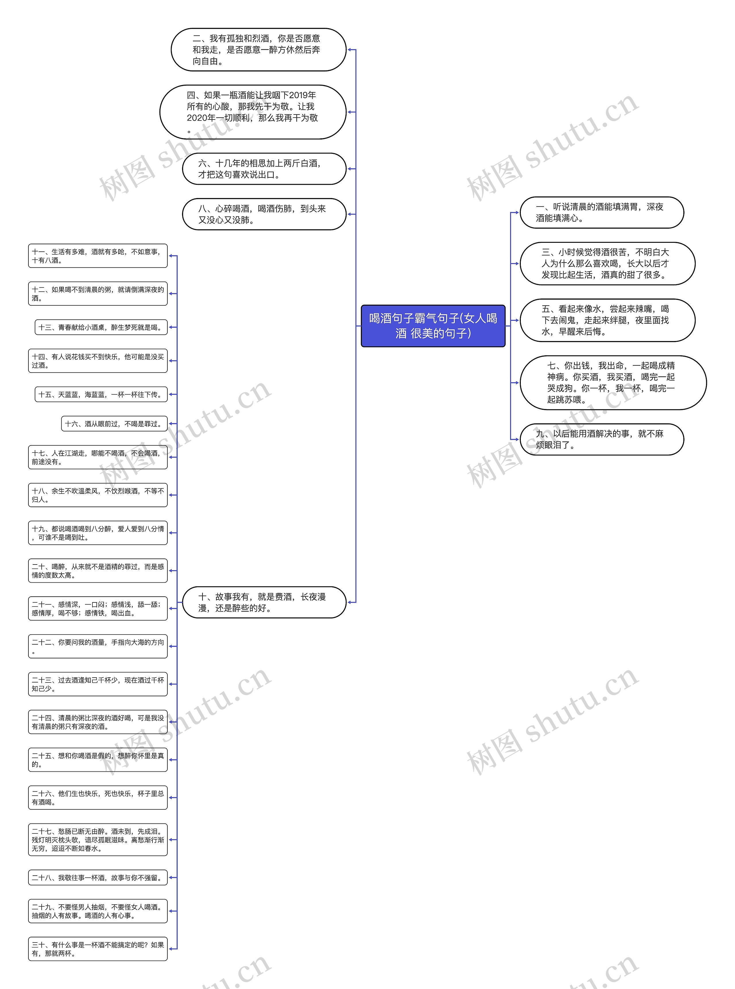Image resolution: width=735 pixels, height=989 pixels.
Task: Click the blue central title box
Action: pyautogui.click(x=433, y=325)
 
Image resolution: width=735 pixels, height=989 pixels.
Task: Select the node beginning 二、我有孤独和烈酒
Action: pyautogui.click(x=258, y=50)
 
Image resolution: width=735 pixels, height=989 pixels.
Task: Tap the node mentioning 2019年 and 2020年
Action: pyautogui.click(x=253, y=112)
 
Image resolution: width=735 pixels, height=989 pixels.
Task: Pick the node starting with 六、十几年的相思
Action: pyautogui.click(x=264, y=169)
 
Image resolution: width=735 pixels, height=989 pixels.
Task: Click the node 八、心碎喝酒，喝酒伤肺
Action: pyautogui.click(x=264, y=214)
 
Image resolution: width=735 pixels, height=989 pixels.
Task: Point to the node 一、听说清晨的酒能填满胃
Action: pyautogui.click(x=601, y=213)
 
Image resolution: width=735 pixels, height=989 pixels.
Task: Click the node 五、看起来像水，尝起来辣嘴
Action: pyautogui.click(x=607, y=320)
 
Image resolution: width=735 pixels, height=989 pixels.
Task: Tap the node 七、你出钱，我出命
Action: pyautogui.click(x=613, y=383)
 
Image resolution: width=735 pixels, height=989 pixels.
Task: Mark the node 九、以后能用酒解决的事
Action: pyautogui.click(x=601, y=439)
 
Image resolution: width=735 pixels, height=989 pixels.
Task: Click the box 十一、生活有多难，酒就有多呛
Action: pyautogui.click(x=98, y=256)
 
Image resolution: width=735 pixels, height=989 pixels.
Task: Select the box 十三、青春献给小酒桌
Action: pyautogui.click(x=101, y=327)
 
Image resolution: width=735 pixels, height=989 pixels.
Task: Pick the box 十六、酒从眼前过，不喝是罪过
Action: pyautogui.click(x=114, y=424)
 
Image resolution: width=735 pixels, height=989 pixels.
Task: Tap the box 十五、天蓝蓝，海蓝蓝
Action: pyautogui.click(x=101, y=394)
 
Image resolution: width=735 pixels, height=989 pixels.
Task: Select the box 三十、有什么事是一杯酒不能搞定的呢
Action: pyautogui.click(x=98, y=949)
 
